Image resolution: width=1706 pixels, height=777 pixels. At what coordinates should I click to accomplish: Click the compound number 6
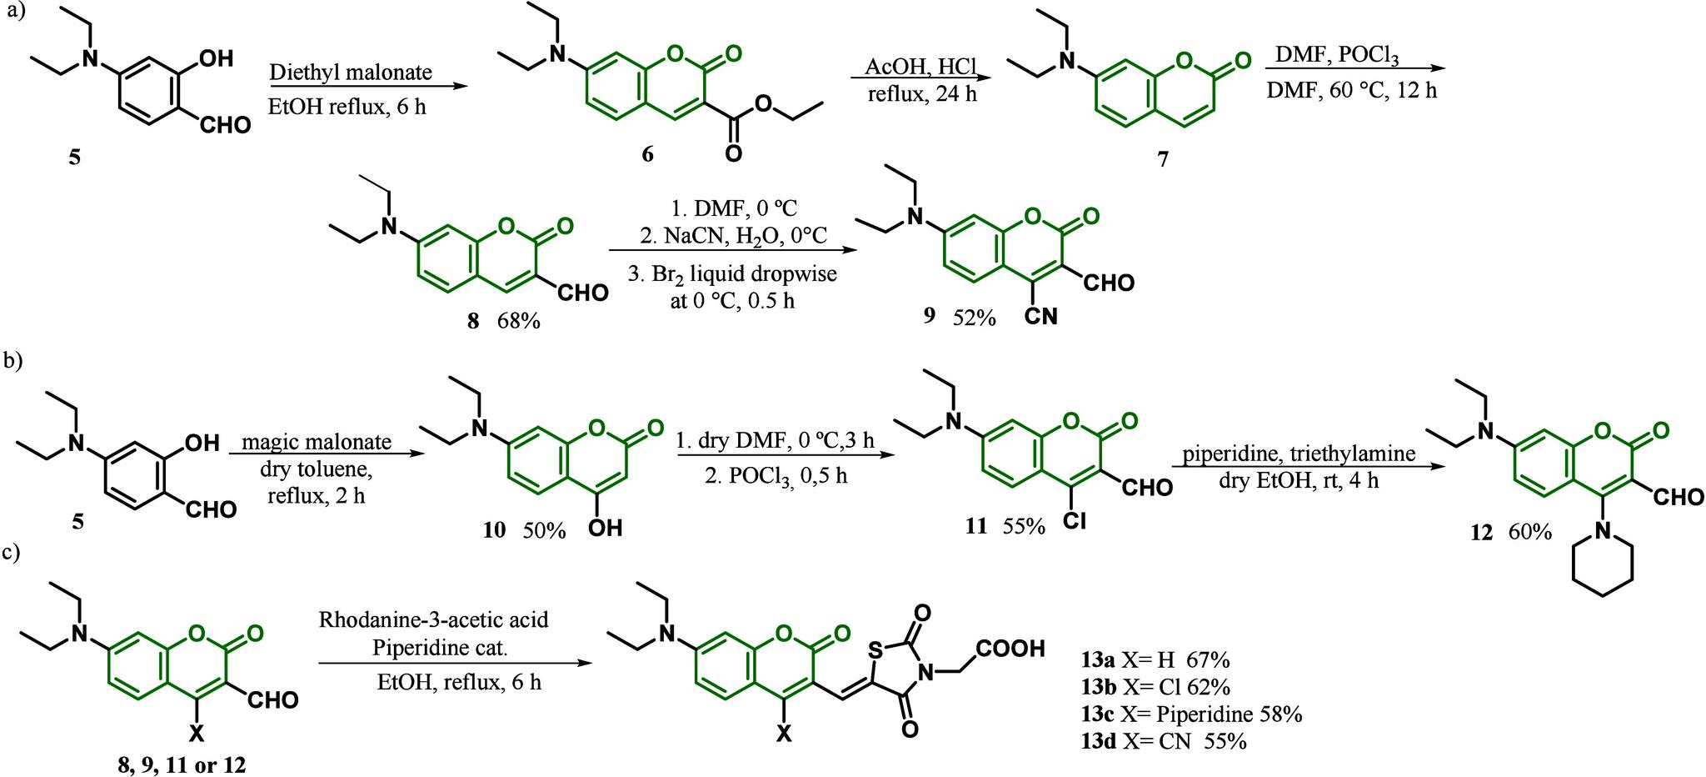(x=647, y=156)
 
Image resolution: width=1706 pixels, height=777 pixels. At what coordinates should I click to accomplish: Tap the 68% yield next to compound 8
(x=520, y=320)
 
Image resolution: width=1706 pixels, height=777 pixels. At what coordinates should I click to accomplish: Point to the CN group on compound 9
(x=1040, y=316)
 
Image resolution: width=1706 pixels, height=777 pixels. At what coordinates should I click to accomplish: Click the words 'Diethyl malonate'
(x=351, y=73)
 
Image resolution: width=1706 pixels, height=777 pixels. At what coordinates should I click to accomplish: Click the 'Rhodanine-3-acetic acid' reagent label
(x=433, y=620)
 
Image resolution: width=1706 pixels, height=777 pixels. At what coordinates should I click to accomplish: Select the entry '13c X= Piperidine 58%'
(x=1185, y=714)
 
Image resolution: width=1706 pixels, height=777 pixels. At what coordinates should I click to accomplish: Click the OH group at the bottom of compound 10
(x=605, y=528)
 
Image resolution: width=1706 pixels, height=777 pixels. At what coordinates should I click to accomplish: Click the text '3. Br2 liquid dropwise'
(x=732, y=273)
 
